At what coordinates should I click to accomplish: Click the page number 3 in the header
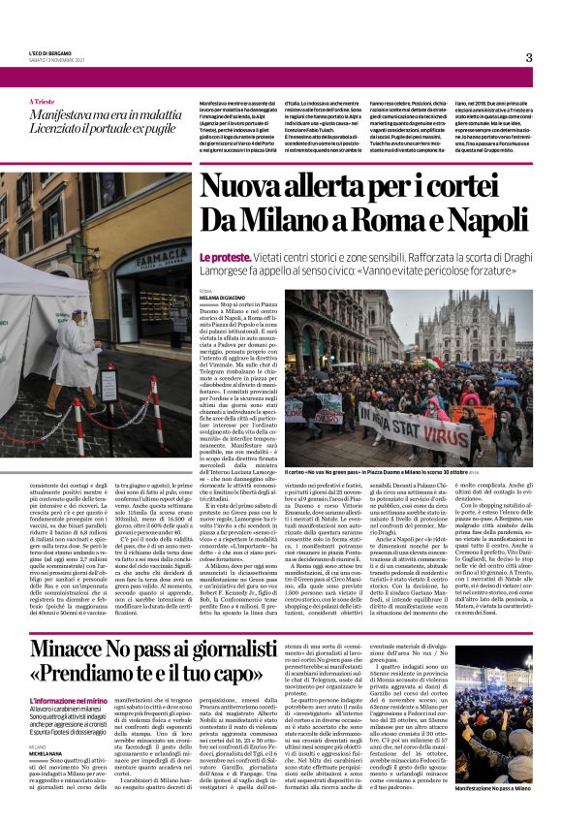click(529, 57)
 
